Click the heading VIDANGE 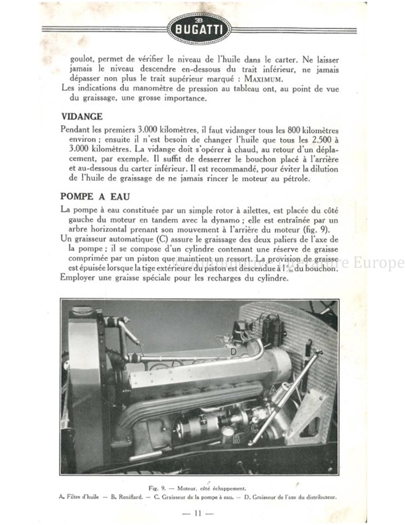(82, 116)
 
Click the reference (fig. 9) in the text (327, 230)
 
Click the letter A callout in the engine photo (273, 390)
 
